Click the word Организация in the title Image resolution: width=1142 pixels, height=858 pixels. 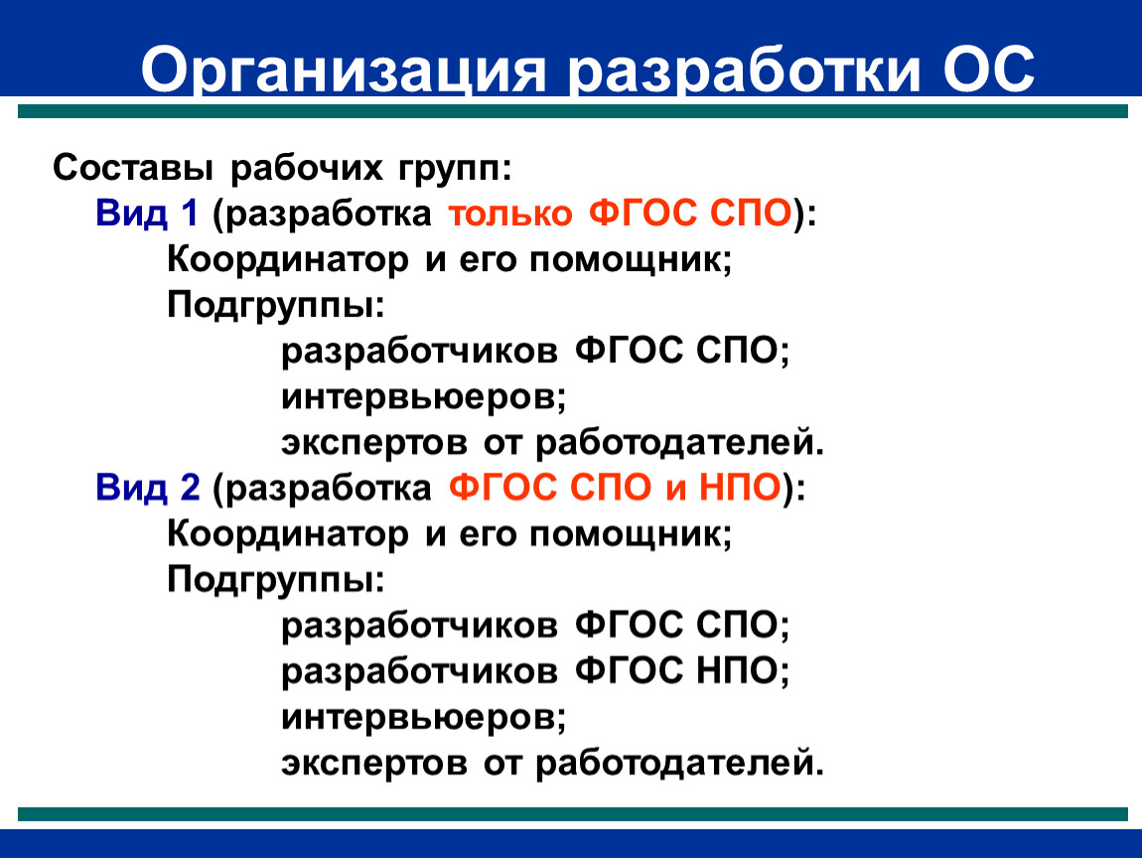[343, 71]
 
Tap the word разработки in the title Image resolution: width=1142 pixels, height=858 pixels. [745, 71]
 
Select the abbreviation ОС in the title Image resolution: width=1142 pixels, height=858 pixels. [988, 70]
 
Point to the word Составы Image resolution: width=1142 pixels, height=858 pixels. [132, 168]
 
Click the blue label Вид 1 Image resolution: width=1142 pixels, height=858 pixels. [146, 214]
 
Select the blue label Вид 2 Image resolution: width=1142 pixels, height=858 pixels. [148, 488]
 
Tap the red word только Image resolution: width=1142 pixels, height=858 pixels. [509, 214]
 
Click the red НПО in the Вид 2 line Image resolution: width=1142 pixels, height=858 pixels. [740, 488]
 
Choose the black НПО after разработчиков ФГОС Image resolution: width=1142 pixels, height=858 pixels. [737, 670]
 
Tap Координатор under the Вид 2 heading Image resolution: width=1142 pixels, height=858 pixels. [288, 534]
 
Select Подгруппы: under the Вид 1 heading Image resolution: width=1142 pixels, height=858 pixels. [275, 305]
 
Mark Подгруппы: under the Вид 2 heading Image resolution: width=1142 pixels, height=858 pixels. [275, 581]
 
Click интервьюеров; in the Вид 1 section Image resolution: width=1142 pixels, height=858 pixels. [424, 397]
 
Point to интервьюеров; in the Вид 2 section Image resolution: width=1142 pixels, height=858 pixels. [424, 718]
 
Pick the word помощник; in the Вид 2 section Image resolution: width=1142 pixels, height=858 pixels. [630, 534]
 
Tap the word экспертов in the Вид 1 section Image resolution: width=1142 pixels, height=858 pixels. [374, 444]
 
